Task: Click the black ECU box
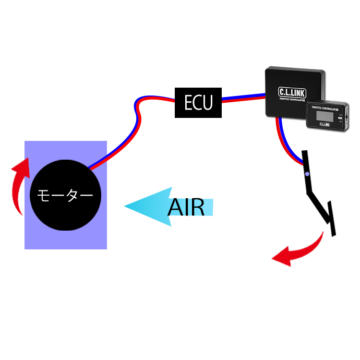198,102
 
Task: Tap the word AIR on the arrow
186,207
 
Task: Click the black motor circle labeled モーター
65,195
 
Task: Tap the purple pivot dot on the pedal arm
307,174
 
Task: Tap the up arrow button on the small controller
340,114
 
